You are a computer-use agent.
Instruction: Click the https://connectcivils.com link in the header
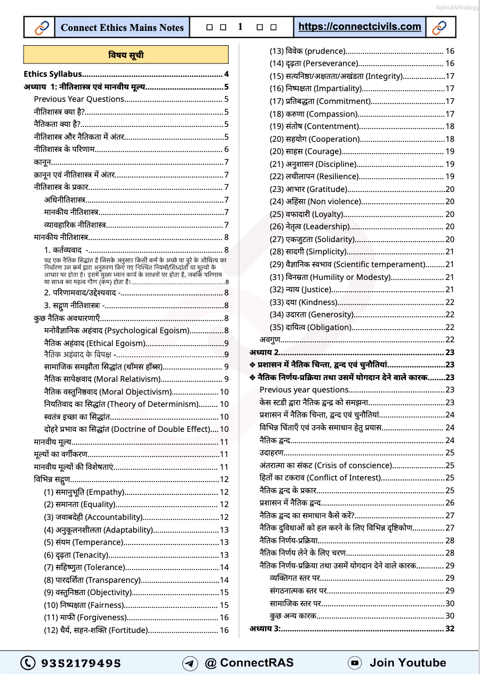point(359,27)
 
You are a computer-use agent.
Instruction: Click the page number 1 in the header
point(241,27)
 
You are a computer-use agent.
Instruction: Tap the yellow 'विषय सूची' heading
point(126,55)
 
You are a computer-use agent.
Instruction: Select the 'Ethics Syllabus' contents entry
point(53,74)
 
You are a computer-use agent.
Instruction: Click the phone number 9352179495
point(81,663)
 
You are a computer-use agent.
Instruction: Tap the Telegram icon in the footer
point(190,663)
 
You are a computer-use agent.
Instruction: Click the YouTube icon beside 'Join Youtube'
point(355,663)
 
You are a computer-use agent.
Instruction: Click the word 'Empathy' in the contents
point(105,492)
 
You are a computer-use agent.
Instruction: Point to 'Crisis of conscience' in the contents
point(352,465)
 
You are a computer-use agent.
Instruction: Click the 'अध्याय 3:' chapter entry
point(265,629)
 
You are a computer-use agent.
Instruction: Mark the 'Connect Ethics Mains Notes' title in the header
point(122,27)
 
